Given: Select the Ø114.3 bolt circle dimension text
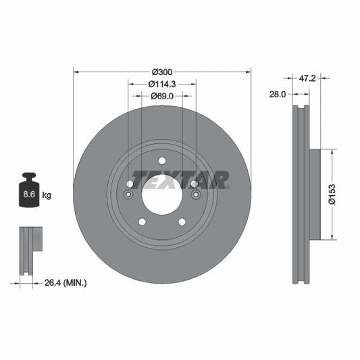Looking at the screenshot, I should (162, 84).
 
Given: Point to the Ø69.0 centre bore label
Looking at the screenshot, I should (162, 97).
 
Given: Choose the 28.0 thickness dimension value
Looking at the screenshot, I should (278, 95).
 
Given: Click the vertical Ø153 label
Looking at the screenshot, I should (342, 193).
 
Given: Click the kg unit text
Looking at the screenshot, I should (47, 195).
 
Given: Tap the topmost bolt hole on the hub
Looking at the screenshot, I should (162, 160).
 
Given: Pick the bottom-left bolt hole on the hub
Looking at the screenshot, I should (142, 222).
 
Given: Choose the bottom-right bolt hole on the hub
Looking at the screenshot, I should (182, 222).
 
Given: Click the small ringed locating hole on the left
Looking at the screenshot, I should (129, 196).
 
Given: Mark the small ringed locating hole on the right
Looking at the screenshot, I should (195, 196).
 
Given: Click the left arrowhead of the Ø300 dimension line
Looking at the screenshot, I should (76, 70).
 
